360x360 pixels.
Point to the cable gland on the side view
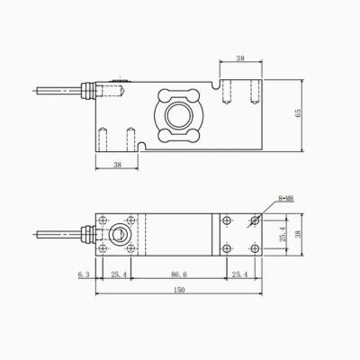tap(88, 90)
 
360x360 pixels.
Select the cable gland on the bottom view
tap(88, 235)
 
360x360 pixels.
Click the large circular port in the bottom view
tap(117, 235)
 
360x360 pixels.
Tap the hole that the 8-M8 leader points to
tap(255, 220)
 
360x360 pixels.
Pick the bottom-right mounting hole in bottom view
tap(255, 248)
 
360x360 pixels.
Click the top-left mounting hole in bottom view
tap(103, 220)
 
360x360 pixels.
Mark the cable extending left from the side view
tap(54, 90)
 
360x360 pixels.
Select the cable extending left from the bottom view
tap(54, 235)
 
